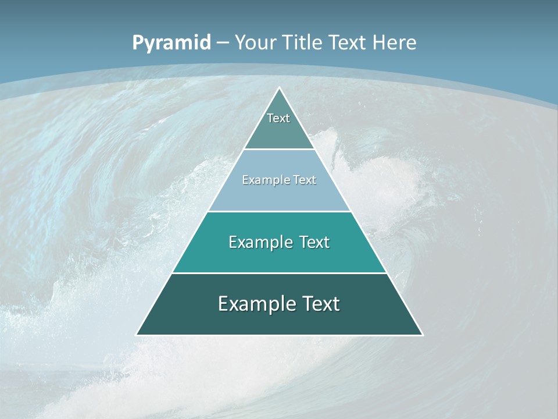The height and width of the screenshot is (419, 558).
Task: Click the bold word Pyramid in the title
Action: [x=171, y=43]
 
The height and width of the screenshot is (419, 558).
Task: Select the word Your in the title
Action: [x=255, y=42]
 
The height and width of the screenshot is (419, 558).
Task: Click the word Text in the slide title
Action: [x=348, y=42]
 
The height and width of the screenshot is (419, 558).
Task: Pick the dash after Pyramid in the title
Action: [x=223, y=43]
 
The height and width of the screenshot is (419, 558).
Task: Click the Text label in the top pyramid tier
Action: [x=278, y=118]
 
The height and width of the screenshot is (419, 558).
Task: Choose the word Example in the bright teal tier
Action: [x=259, y=242]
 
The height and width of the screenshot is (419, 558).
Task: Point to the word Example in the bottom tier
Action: [x=255, y=304]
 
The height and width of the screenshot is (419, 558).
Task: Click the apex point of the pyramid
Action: [x=280, y=87]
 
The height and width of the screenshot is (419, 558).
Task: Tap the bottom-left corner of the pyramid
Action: [x=137, y=335]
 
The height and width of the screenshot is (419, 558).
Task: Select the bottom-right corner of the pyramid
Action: [x=423, y=335]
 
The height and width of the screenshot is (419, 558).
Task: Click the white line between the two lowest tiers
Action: [x=279, y=273]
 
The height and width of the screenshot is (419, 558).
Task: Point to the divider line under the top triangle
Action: [x=279, y=149]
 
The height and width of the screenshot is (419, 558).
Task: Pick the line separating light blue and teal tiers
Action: [x=279, y=211]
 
